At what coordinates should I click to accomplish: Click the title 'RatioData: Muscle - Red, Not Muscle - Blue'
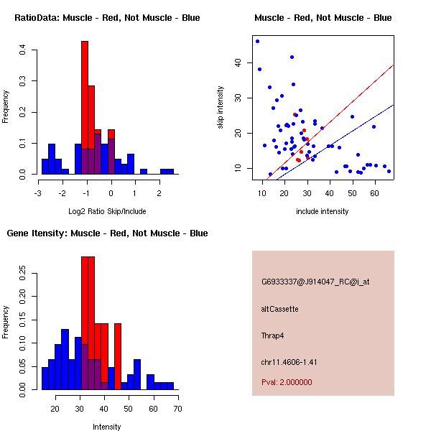pyautogui.click(x=107, y=17)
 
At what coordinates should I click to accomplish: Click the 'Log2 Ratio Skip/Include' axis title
pyautogui.click(x=107, y=212)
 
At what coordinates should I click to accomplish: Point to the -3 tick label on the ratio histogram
pyautogui.click(x=38, y=193)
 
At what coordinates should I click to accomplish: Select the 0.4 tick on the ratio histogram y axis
pyautogui.click(x=23, y=50)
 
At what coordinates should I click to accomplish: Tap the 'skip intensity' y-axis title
pyautogui.click(x=221, y=108)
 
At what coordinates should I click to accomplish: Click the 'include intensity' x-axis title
pyautogui.click(x=323, y=211)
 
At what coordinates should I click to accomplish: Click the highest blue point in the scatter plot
pyautogui.click(x=257, y=41)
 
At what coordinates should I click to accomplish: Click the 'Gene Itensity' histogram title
pyautogui.click(x=107, y=233)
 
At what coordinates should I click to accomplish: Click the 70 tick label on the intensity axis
pyautogui.click(x=177, y=408)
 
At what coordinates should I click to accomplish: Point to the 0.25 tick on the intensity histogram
pyautogui.click(x=23, y=273)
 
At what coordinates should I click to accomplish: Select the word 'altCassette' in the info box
pyautogui.click(x=279, y=309)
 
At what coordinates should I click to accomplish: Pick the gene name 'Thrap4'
pyautogui.click(x=273, y=335)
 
